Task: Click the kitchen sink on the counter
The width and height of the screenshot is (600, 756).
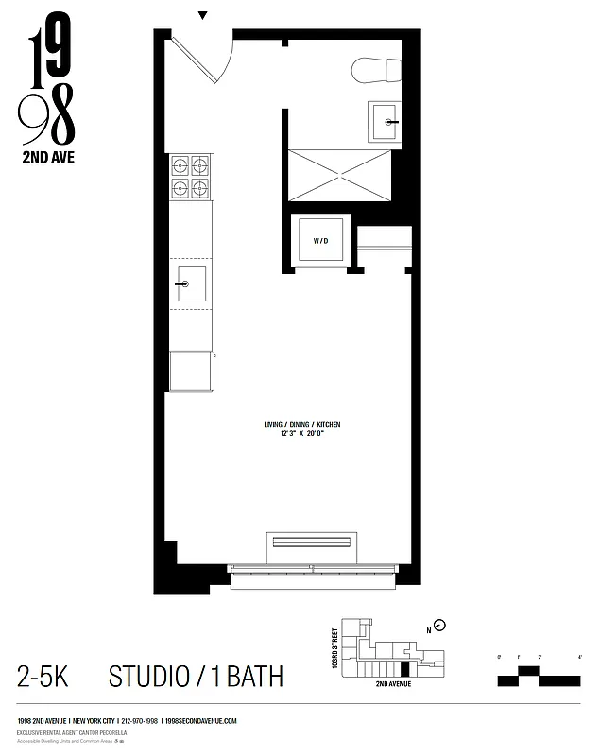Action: tap(190, 283)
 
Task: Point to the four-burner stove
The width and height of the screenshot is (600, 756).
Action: tap(190, 177)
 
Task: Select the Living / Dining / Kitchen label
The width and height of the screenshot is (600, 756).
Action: tap(301, 425)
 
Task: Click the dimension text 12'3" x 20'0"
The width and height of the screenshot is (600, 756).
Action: tap(301, 435)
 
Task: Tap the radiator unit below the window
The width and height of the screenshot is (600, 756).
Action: tap(311, 542)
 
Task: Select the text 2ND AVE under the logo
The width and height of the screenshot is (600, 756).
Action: tap(47, 158)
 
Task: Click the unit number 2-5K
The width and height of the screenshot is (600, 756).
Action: tap(42, 677)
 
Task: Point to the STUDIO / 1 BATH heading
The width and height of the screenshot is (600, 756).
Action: tap(196, 677)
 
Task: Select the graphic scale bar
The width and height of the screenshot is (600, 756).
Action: tap(539, 675)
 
